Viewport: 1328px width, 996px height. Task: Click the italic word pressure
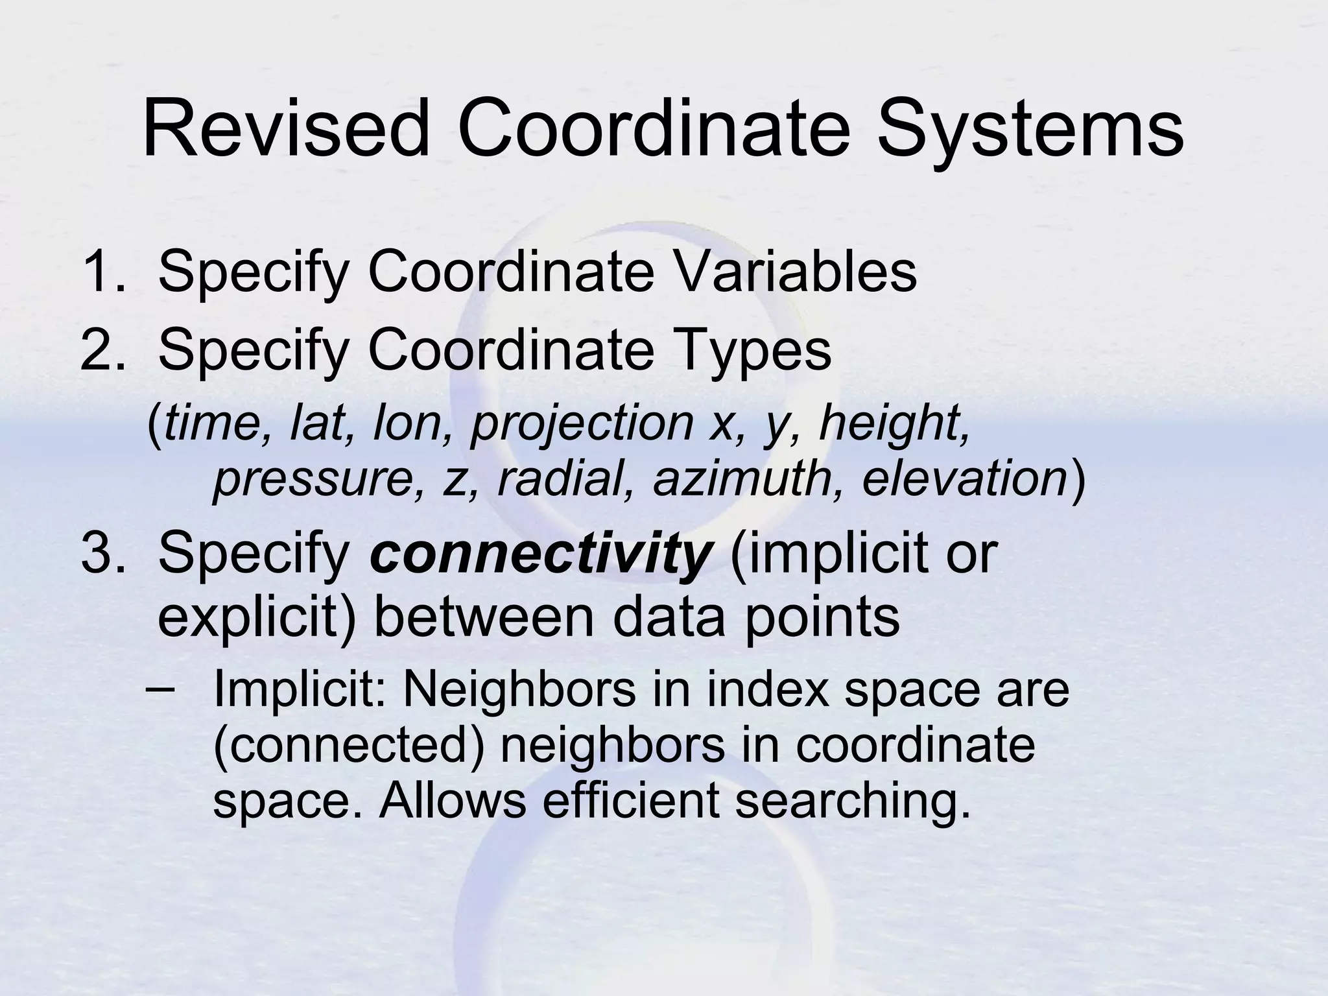[314, 480]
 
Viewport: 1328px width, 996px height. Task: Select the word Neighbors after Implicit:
[519, 689]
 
